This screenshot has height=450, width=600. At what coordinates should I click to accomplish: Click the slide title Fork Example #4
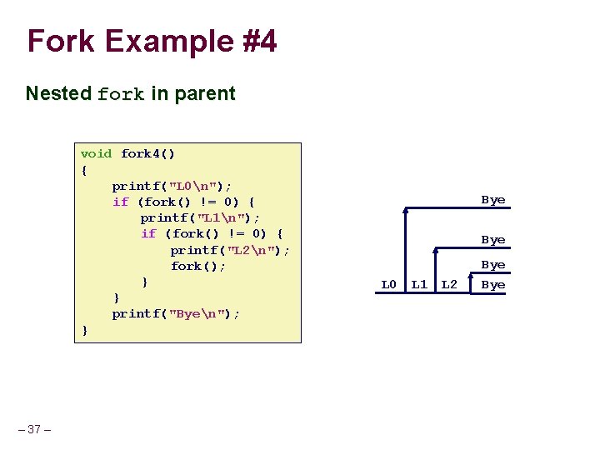152,41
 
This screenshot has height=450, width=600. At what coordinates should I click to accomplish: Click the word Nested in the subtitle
58,93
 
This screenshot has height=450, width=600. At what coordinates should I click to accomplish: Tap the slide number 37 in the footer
34,429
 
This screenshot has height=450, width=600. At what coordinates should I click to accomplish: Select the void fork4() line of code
127,153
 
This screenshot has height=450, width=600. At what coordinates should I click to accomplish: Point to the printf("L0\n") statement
172,185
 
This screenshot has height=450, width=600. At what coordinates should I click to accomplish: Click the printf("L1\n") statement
200,217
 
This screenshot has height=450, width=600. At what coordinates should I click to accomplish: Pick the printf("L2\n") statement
230,250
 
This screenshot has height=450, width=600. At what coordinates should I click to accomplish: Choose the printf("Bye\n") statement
176,313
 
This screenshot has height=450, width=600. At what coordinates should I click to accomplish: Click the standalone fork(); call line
198,266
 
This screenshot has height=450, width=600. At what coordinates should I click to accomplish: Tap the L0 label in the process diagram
388,285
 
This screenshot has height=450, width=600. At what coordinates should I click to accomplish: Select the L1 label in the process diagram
419,285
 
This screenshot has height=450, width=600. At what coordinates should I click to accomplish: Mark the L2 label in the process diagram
449,285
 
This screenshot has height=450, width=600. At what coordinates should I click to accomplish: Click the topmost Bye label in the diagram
493,200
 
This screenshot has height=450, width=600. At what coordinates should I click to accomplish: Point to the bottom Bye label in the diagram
493,285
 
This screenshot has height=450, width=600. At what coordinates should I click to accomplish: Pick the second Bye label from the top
493,240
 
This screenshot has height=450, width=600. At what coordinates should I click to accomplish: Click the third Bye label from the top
493,265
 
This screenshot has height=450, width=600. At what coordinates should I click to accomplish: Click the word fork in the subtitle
121,94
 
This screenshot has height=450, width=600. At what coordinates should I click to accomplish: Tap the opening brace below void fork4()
84,170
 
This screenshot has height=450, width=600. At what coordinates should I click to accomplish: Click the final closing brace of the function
84,330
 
